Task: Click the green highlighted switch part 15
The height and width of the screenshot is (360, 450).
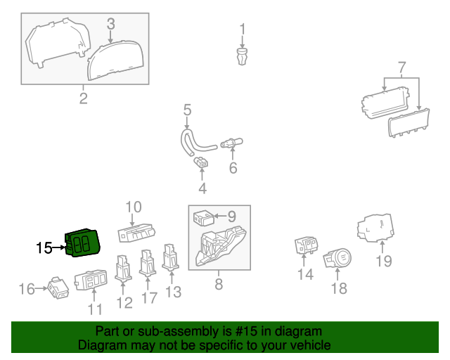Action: click(x=82, y=243)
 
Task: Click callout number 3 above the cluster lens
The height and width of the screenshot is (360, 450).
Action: click(x=110, y=24)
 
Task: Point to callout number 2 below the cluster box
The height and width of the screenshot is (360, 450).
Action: click(x=83, y=98)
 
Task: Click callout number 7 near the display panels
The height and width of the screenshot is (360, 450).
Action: click(x=401, y=69)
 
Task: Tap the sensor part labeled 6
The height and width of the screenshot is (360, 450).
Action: click(x=230, y=144)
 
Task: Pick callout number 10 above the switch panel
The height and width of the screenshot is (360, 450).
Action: click(x=134, y=207)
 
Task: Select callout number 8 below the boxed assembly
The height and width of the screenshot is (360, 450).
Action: click(x=218, y=284)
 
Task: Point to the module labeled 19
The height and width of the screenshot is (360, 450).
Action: click(x=375, y=229)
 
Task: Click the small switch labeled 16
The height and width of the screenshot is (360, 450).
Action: click(x=57, y=288)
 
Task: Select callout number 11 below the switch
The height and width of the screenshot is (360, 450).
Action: click(x=95, y=309)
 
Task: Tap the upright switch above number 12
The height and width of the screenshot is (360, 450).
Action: click(x=124, y=267)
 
